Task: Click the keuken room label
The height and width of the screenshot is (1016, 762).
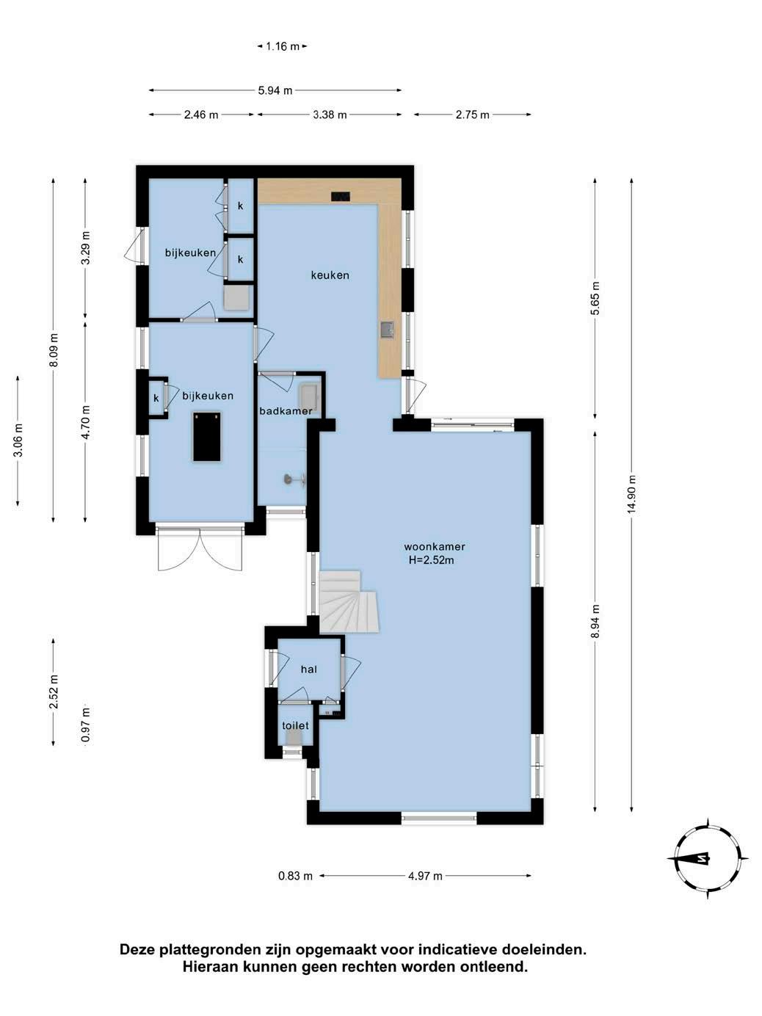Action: tap(330, 275)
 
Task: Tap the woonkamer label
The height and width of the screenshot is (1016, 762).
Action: tap(435, 547)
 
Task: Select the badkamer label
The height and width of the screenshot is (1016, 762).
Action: tap(286, 411)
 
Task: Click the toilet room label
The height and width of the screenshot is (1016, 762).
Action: tap(295, 725)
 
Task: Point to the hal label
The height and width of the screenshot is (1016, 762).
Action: tap(308, 670)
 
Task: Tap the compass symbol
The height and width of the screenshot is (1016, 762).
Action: tap(708, 859)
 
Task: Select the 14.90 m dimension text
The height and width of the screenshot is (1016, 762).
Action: tap(632, 495)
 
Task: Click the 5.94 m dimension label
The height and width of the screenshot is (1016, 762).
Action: tap(275, 91)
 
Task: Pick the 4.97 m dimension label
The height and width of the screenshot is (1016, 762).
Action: tap(425, 876)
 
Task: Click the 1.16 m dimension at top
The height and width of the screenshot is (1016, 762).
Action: tap(282, 46)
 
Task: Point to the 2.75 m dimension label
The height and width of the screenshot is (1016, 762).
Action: tap(472, 115)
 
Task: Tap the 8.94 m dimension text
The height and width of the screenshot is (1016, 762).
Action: tap(595, 621)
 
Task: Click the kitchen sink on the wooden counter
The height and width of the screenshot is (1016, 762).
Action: tap(388, 330)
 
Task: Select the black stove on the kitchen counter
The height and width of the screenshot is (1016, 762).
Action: tap(341, 197)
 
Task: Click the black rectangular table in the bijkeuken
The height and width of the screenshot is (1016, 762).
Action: tap(207, 437)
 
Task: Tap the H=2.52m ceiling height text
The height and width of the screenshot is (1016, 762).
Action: tap(431, 561)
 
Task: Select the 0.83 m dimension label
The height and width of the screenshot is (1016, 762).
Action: tap(295, 876)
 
